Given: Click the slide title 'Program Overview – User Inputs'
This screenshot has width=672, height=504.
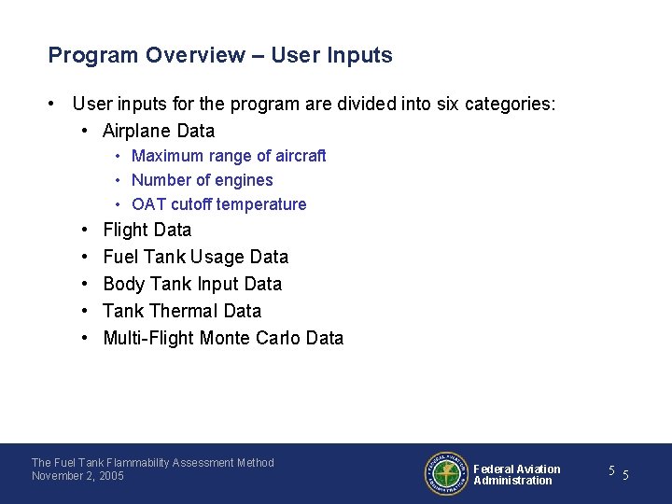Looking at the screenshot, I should point(220,55).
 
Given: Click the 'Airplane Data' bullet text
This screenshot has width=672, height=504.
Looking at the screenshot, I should point(159,131).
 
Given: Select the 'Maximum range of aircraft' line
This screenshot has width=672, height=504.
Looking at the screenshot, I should point(229,156).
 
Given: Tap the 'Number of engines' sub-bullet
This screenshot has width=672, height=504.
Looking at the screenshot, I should point(202,180).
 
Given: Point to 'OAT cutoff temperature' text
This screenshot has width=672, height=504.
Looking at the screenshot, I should point(218,204).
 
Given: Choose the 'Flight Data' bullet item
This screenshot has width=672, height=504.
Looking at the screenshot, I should point(147,230).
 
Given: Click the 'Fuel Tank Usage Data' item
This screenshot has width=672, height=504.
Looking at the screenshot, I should point(195,257).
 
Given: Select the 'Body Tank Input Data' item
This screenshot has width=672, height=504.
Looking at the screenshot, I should point(192,284).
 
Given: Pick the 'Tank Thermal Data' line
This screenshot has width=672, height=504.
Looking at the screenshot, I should point(182,311).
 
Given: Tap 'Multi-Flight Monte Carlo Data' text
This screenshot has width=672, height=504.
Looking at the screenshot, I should point(223,338).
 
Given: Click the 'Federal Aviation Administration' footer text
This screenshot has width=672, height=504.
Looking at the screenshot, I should point(516,475).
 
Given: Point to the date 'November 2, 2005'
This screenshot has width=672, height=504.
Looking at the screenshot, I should point(77,476).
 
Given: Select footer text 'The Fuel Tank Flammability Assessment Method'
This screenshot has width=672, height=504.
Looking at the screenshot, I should point(153,463).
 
